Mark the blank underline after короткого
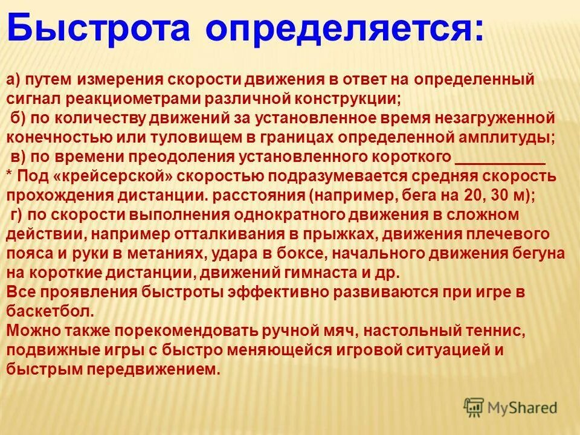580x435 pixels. click(x=499, y=158)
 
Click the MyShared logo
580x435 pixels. click(x=511, y=408)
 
